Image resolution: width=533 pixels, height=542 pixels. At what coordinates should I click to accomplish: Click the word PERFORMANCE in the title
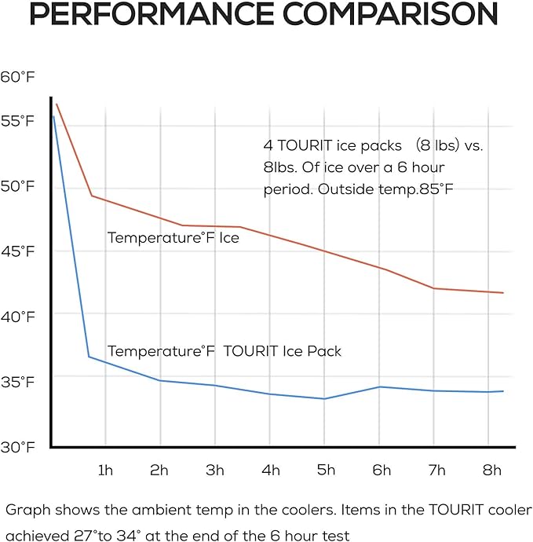[155, 15]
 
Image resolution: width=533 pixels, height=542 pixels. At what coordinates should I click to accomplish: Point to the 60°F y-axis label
[17, 76]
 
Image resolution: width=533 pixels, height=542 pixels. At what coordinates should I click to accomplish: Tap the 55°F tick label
[17, 121]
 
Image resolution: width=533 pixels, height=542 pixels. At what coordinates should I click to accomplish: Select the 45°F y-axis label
[17, 251]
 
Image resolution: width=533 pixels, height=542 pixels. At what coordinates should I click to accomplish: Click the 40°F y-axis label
[17, 317]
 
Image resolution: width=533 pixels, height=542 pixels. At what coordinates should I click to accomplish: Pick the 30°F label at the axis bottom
[17, 447]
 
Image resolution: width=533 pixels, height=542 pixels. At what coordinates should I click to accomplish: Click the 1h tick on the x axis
[105, 471]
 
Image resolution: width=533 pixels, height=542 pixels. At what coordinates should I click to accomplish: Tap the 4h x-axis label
[271, 471]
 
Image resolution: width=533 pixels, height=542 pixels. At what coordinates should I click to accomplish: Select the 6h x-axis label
[381, 471]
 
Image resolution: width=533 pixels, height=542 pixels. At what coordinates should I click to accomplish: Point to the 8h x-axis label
[491, 471]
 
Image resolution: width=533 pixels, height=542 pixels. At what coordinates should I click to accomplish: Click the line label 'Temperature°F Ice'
[173, 237]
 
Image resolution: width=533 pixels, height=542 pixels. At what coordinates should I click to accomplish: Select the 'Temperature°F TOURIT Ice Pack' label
[225, 351]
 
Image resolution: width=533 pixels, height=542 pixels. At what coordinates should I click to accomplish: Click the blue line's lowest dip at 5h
[324, 398]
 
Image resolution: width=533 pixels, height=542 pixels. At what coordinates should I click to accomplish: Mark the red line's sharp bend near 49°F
[92, 196]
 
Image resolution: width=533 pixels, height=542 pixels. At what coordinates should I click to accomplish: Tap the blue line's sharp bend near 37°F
[89, 357]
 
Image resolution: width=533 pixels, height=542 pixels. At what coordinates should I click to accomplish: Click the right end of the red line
[502, 293]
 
